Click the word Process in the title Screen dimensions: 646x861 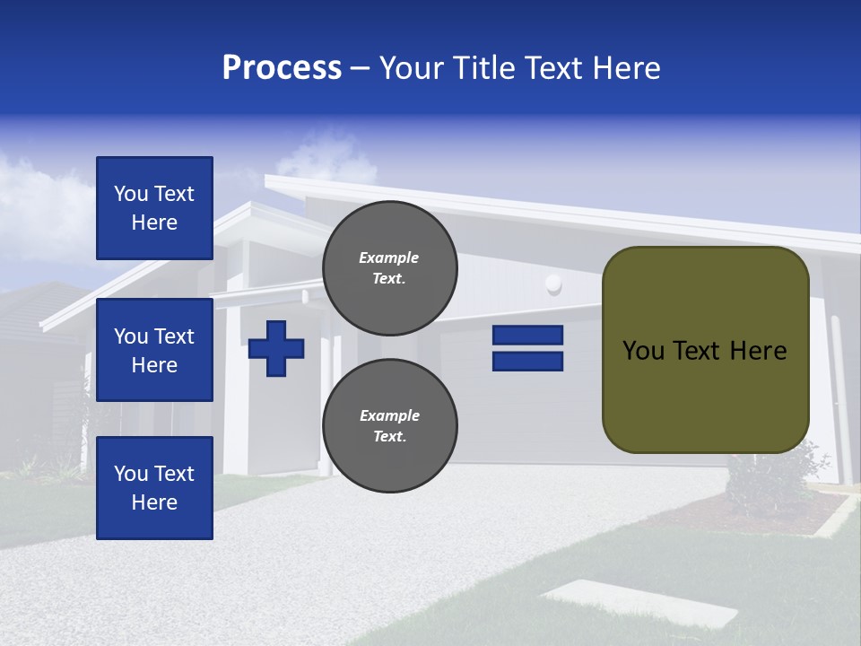click(282, 68)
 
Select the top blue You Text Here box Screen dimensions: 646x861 click(154, 208)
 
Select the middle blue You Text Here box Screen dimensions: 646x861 click(154, 350)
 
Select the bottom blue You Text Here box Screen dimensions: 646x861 click(154, 488)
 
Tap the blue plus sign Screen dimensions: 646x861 click(276, 348)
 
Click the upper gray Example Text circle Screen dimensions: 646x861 click(389, 267)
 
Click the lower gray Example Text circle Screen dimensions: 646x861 click(389, 425)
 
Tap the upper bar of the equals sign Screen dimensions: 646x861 click(527, 335)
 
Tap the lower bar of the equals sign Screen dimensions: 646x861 click(527, 361)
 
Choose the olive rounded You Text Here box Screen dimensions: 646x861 click(705, 350)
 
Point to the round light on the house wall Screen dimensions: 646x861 click(553, 285)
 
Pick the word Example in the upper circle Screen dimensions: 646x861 click(389, 258)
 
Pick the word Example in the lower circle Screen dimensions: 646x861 click(389, 415)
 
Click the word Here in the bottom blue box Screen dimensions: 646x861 click(154, 502)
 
